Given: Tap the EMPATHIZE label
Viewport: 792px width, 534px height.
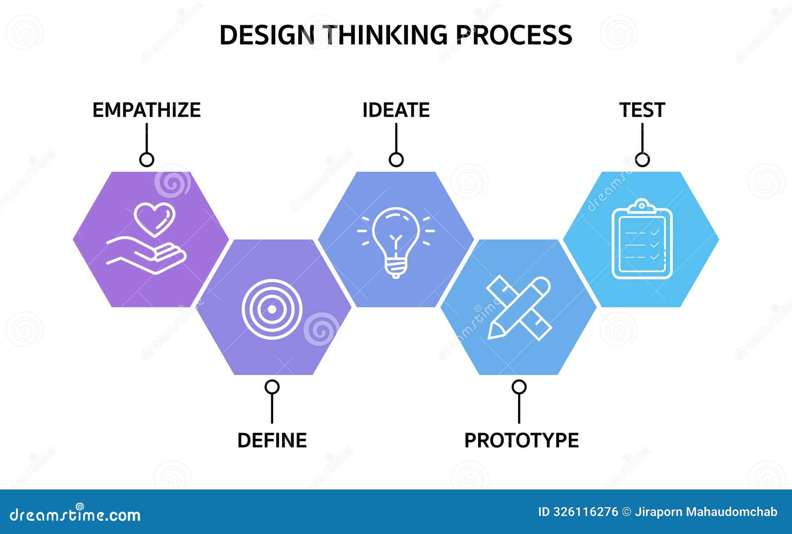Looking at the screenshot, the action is pos(147,110).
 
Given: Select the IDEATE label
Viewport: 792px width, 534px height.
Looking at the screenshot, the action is pos(396,110).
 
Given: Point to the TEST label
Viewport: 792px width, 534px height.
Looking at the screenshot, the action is pos(642,110).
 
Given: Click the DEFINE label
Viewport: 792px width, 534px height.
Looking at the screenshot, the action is pos(272,440).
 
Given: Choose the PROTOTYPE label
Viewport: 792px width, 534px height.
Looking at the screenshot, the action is pos(522,440).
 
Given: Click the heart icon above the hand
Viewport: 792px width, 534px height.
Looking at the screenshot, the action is pos(154,219).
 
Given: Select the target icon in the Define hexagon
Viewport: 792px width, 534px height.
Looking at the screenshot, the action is pos(272,309).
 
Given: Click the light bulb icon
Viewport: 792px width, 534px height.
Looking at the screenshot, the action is pos(396,243).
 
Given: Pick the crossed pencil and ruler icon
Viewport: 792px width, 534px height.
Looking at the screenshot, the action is pos(519,308).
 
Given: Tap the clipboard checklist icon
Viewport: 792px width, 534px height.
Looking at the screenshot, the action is pos(642,239).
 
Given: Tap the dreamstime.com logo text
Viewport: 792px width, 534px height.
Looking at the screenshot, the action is pos(75,515).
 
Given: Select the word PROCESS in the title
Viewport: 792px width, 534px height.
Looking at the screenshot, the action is pos(514,35).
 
